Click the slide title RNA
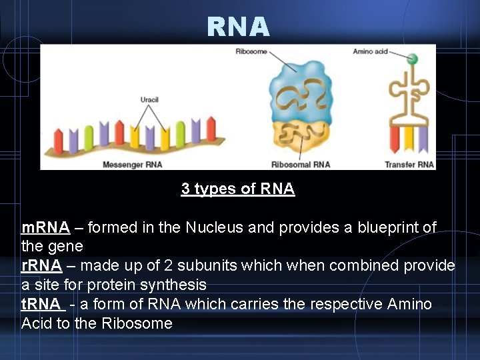(x=238, y=27)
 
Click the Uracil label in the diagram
(x=149, y=99)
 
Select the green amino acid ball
(x=412, y=59)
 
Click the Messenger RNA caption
(x=132, y=164)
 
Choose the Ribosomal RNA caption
(x=301, y=164)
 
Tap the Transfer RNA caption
(x=409, y=164)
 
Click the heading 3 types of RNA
(x=237, y=189)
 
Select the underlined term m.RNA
(x=45, y=227)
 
